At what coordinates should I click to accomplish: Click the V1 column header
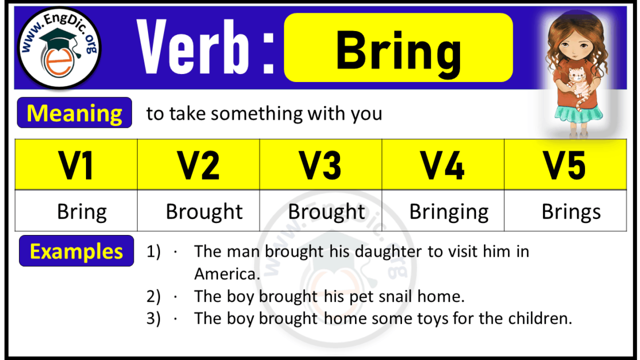76,165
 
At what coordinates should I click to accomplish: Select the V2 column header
198,165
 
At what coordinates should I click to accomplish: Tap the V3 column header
321,165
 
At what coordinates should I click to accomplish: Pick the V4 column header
443,165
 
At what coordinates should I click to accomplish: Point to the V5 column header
565,165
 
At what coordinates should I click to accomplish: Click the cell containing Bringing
449,212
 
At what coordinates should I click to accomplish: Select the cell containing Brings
571,212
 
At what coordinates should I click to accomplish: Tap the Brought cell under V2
204,212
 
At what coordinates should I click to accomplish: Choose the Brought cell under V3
326,212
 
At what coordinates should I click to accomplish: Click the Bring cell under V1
81,212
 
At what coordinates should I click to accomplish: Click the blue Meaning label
75,113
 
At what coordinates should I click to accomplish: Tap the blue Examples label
76,251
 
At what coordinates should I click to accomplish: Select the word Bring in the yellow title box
398,50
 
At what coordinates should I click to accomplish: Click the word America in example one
227,274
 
